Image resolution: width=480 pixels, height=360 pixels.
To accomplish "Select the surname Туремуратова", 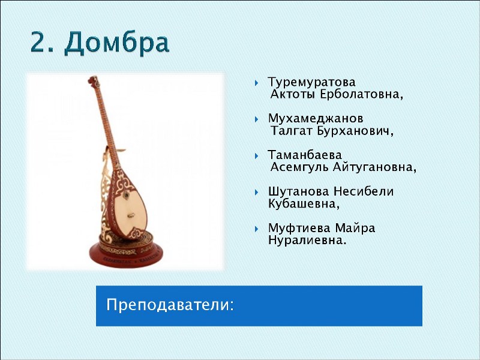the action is [311, 82].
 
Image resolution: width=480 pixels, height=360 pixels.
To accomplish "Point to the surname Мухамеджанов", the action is [316, 119].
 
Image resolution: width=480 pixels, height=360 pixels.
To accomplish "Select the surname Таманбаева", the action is [305, 155].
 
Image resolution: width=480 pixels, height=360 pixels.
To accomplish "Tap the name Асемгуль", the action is [299, 167].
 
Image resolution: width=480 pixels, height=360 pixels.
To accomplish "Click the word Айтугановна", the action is [372, 167].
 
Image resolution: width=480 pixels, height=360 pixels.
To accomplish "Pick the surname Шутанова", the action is [298, 191].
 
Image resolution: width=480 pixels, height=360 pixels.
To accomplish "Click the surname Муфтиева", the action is [299, 228].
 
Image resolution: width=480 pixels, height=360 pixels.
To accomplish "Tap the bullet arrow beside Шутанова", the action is [257, 192].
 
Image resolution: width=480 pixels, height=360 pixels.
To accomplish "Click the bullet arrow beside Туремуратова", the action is [257, 83].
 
